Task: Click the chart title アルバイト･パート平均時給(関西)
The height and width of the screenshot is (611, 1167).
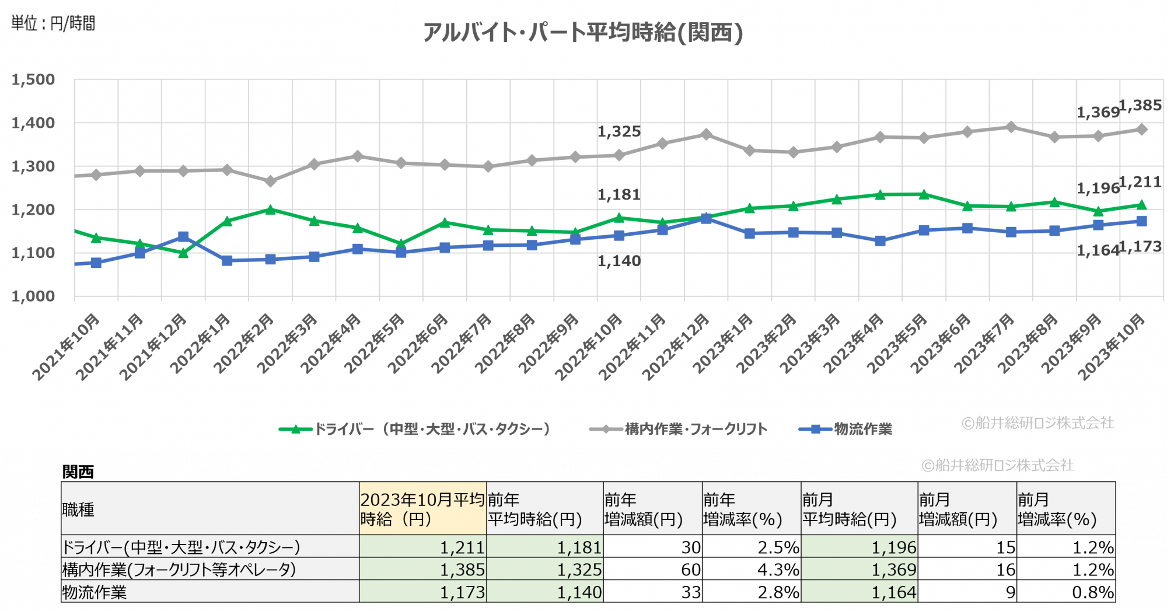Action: coord(583,33)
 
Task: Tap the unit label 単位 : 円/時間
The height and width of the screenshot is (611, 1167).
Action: coord(53,23)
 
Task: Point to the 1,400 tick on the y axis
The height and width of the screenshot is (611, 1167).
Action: coord(33,123)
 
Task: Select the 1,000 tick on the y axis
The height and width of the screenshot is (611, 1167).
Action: coord(33,296)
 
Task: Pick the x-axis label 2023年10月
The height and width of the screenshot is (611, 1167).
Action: coord(1112,346)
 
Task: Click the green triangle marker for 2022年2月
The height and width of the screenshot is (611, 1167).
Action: coord(270,210)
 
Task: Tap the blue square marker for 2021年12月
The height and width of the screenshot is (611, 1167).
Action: coord(183,236)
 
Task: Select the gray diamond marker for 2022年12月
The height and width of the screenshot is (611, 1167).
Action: coord(706,135)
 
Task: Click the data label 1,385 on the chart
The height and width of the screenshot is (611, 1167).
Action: coord(1140,106)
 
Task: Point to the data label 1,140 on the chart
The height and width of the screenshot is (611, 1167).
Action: coord(619,261)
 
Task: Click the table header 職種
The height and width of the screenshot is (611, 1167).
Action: coord(78,509)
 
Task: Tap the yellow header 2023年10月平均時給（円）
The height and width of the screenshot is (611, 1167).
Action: coord(422,509)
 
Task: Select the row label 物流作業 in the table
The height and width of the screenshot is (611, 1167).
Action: coord(95,592)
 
